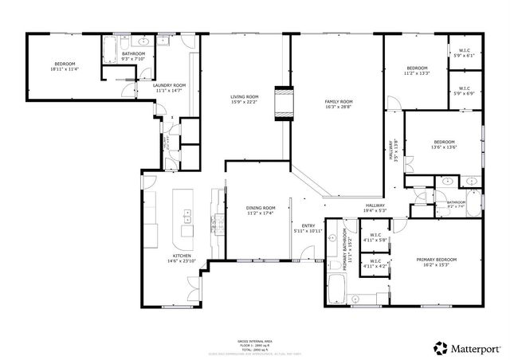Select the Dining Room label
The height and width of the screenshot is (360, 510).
[260, 210]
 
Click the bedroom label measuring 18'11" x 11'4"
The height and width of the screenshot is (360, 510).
[65, 66]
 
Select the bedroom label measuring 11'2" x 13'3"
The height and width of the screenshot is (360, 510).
[418, 71]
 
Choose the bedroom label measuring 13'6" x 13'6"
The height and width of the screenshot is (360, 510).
[443, 144]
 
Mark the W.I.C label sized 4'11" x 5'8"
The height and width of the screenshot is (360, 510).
[375, 237]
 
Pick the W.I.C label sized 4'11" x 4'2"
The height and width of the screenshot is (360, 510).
[375, 264]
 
